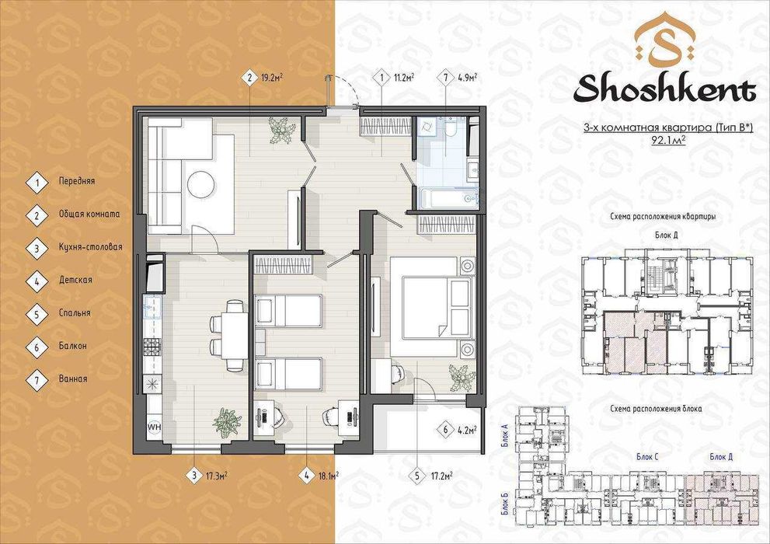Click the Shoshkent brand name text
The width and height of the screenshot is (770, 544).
[664, 89]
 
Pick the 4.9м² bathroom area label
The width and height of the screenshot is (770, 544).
[467, 78]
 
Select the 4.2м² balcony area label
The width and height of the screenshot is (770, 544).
[465, 428]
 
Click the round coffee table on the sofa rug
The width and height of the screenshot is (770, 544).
[200, 183]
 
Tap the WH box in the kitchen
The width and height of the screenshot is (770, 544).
[154, 426]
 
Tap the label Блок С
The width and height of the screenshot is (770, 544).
[647, 457]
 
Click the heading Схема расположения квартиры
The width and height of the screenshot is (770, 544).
[664, 216]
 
